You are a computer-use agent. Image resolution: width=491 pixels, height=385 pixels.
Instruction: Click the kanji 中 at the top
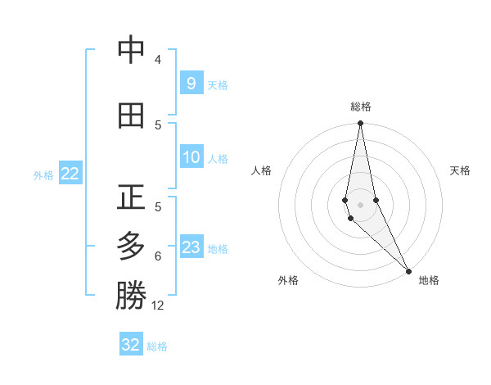pyautogui.click(x=131, y=51)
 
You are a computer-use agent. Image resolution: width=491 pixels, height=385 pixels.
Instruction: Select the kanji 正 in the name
pyautogui.click(x=131, y=197)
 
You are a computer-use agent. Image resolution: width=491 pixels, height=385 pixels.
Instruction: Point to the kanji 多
pyautogui.click(x=131, y=247)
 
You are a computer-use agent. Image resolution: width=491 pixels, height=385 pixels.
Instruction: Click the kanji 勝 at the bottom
pyautogui.click(x=131, y=296)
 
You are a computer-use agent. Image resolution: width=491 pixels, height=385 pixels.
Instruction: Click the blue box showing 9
pyautogui.click(x=191, y=83)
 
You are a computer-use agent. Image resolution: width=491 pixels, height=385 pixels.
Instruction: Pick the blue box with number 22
pyautogui.click(x=70, y=173)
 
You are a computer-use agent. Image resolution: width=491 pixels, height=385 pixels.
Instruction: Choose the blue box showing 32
pyautogui.click(x=131, y=344)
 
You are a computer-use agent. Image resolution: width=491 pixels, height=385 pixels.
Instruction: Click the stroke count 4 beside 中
pyautogui.click(x=158, y=60)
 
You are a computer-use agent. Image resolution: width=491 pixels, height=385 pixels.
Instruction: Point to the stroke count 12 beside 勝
pyautogui.click(x=158, y=306)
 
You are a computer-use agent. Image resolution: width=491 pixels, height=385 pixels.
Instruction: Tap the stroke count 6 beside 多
pyautogui.click(x=158, y=256)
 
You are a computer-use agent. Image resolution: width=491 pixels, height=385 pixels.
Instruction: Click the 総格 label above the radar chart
pyautogui.click(x=361, y=106)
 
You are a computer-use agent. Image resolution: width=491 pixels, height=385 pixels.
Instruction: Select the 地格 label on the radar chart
pyautogui.click(x=429, y=280)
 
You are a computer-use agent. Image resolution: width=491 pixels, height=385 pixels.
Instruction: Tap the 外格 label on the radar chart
pyautogui.click(x=288, y=280)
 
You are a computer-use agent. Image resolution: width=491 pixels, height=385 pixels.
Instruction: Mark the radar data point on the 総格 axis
pyautogui.click(x=360, y=124)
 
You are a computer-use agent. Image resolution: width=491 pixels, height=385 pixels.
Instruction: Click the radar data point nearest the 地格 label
pyautogui.click(x=408, y=269)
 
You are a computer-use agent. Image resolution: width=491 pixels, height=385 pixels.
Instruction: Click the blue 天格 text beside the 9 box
pyautogui.click(x=218, y=84)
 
